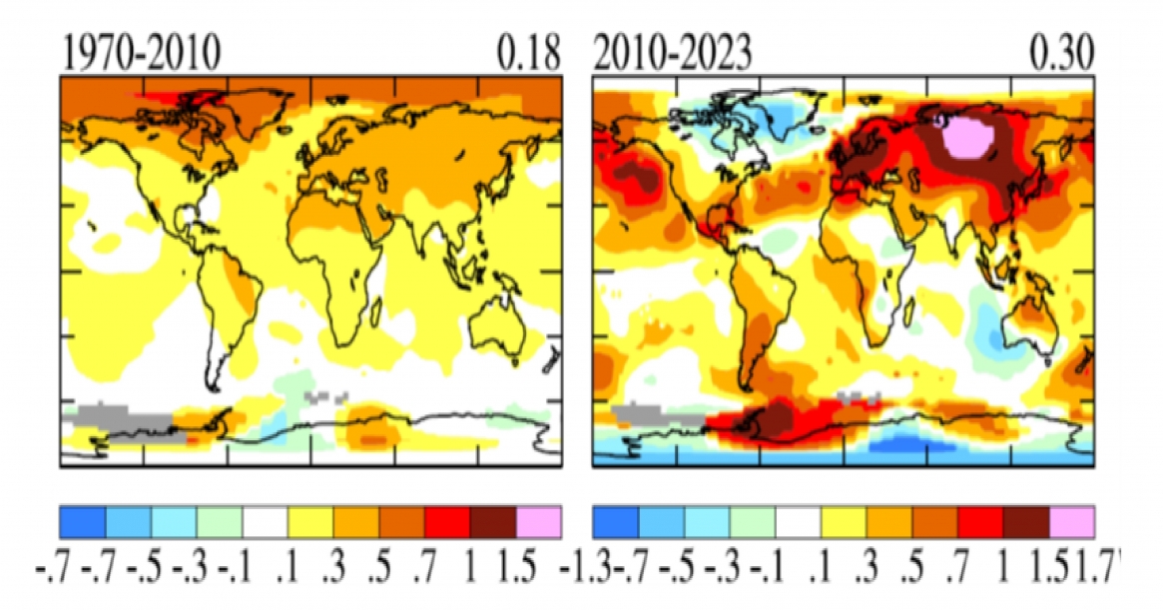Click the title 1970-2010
139,53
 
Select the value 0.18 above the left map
528,53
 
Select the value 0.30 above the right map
1061,53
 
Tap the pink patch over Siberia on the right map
964,135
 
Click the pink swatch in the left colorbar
539,521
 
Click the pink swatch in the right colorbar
1073,521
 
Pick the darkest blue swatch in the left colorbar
82,521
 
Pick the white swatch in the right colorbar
799,521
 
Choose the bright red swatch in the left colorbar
447,521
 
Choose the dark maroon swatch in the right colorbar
1026,521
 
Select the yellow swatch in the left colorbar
310,521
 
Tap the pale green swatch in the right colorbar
753,521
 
